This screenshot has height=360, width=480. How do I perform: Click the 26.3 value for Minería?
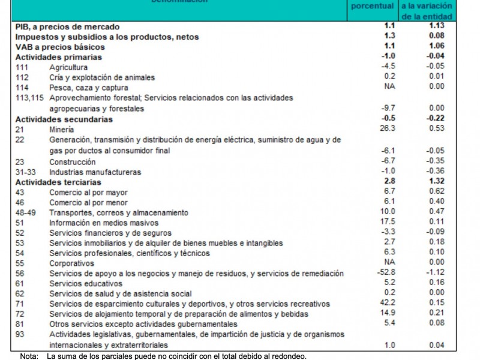click(x=388, y=128)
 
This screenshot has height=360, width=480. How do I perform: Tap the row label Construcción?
click(x=72, y=162)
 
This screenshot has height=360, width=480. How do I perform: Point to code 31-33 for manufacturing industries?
click(x=26, y=172)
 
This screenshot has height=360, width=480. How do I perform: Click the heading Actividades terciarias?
click(x=58, y=182)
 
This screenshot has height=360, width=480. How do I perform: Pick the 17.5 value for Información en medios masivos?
click(x=388, y=222)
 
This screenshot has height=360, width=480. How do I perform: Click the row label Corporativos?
click(x=72, y=263)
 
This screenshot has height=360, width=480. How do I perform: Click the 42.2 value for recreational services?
click(x=388, y=304)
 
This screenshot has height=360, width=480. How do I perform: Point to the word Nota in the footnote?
click(x=29, y=356)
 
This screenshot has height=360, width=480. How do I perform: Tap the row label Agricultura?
click(x=68, y=67)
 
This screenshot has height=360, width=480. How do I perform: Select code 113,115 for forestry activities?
click(x=31, y=97)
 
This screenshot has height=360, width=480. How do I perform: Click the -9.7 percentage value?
click(x=388, y=108)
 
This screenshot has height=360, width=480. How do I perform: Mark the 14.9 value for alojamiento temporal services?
click(x=388, y=314)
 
